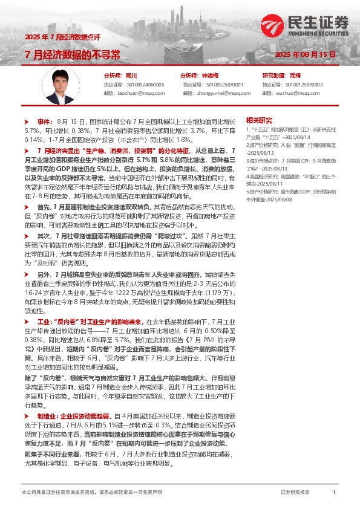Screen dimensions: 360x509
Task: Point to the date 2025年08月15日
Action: pyautogui.click(x=306, y=55)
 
